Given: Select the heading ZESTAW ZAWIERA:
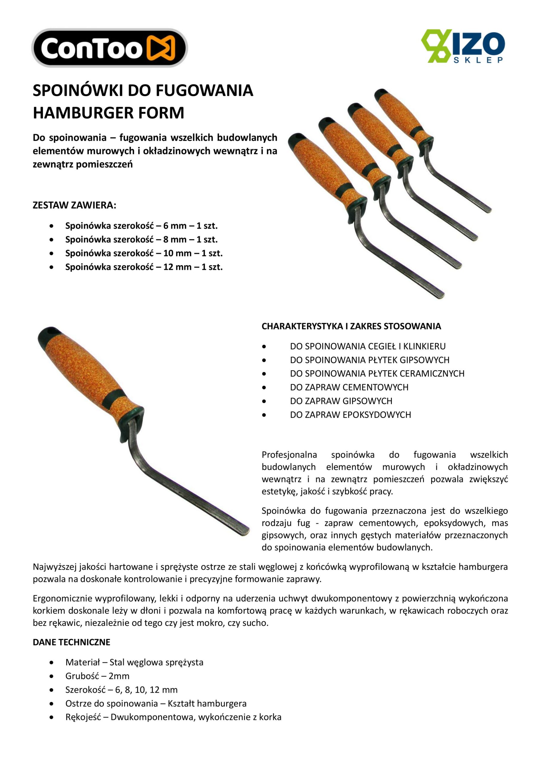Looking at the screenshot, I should pos(74,205).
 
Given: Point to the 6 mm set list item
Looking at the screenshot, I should pos(141,226).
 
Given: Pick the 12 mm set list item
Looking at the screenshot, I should pos(144,267).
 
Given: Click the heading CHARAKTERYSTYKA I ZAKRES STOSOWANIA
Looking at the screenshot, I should pos(351,326).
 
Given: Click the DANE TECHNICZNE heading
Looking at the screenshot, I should pos(71,642).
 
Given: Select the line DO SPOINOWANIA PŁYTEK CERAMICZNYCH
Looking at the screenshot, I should pos(377,374).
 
